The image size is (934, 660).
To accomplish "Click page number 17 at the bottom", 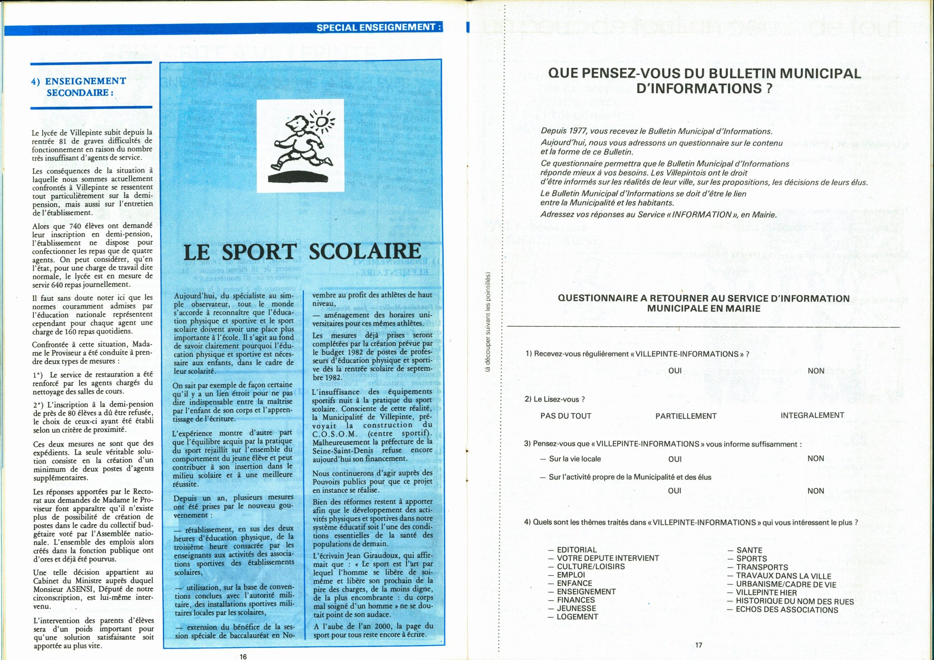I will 698,645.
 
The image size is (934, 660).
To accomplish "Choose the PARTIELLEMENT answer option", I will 686,416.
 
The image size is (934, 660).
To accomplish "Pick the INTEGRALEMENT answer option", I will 813,415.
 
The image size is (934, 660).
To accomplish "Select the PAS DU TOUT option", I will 566,416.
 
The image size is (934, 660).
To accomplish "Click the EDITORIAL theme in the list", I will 576,550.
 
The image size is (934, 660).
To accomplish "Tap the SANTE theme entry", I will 749,550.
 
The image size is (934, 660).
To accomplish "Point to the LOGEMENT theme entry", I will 577,617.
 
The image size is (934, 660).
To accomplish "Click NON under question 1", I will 816,371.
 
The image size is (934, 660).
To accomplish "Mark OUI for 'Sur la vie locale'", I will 675,459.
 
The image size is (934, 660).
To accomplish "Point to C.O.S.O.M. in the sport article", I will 333,434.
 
